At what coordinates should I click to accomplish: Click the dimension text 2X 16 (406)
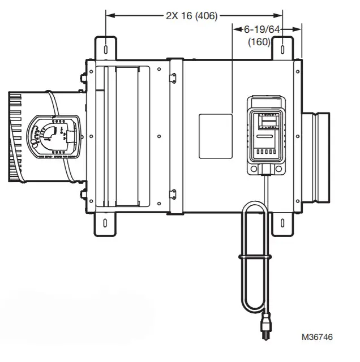(192, 15)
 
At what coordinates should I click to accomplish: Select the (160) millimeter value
(259, 42)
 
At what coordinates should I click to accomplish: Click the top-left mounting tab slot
(106, 48)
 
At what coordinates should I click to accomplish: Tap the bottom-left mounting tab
(106, 223)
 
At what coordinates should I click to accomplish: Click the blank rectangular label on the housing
(216, 136)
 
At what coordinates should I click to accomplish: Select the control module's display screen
(268, 123)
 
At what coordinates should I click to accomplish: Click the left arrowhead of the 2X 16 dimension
(109, 15)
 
